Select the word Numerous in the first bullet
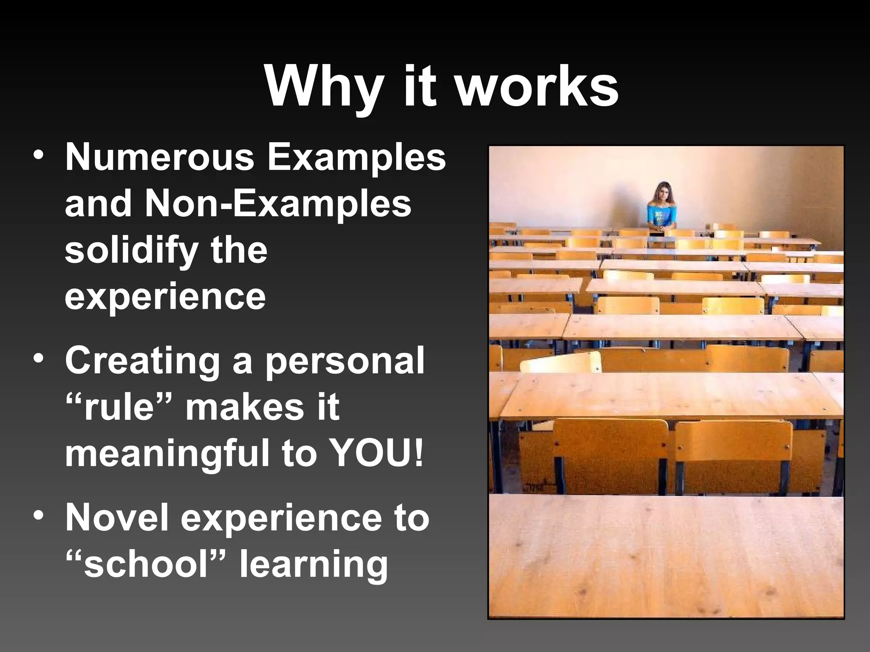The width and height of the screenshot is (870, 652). coord(159,157)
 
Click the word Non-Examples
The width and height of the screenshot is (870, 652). coord(278,204)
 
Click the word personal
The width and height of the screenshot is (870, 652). coord(345,362)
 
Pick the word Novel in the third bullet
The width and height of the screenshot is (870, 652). coord(117,518)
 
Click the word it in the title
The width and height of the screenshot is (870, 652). coord(420,87)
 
